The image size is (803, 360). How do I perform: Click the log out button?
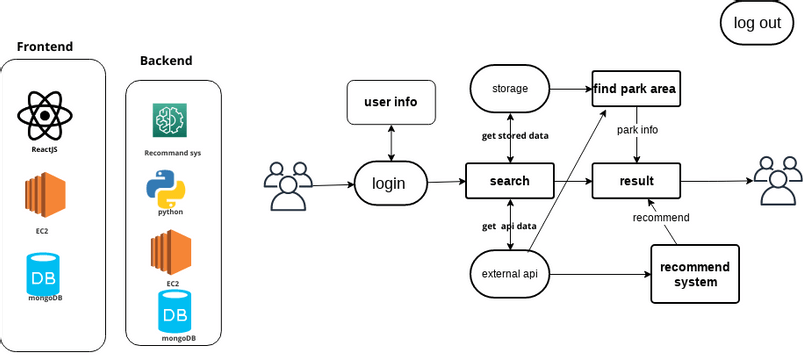pos(756,24)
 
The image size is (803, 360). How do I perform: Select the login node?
pos(390,183)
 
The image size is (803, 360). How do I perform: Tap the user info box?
pos(390,102)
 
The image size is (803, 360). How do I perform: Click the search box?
pos(510,181)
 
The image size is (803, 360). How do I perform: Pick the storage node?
pos(510,89)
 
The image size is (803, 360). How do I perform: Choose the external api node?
pos(510,273)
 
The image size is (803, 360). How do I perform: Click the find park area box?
pos(635,89)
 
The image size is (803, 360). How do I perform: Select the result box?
pos(636,181)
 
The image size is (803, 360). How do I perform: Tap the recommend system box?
pos(695,274)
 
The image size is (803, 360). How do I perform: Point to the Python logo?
pos(169,187)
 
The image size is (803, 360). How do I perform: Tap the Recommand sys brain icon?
pos(171,122)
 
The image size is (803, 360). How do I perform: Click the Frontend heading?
pos(45,47)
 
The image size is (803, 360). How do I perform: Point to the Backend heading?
pos(166,61)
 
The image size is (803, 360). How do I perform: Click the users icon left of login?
pos(287,185)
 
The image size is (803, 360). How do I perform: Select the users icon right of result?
pos(778,181)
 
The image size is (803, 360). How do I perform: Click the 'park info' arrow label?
pos(637,130)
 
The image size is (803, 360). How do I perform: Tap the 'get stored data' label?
pos(515,135)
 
